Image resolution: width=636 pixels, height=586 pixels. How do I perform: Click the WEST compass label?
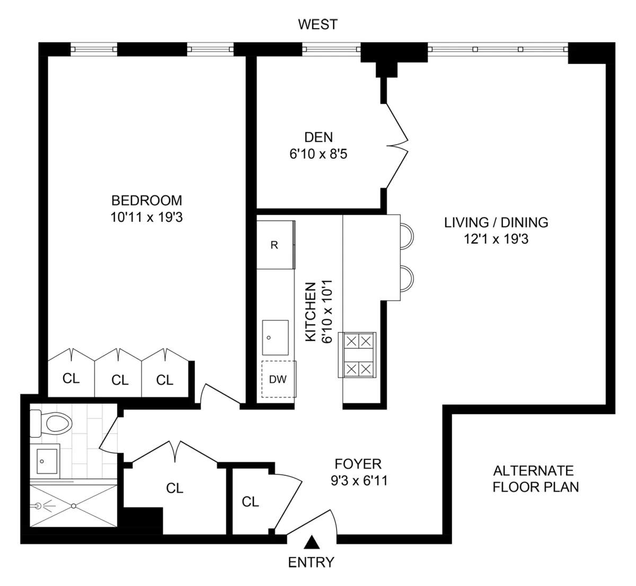click(x=317, y=24)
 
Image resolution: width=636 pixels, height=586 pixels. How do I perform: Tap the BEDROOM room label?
click(x=146, y=201)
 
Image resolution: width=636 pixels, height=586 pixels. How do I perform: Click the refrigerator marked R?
click(x=275, y=245)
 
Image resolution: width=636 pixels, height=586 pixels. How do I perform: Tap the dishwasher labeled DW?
click(x=278, y=379)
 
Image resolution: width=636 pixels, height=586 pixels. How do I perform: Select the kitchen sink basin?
click(x=275, y=338)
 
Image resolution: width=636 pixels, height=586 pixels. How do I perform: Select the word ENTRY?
click(x=311, y=562)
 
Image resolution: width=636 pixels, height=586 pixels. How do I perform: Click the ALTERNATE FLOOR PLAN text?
click(x=535, y=479)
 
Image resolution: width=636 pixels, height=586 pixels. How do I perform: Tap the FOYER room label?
click(x=358, y=464)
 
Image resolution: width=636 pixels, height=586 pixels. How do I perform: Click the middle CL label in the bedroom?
click(x=120, y=380)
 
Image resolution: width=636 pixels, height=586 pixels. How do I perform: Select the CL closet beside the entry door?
click(x=250, y=501)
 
